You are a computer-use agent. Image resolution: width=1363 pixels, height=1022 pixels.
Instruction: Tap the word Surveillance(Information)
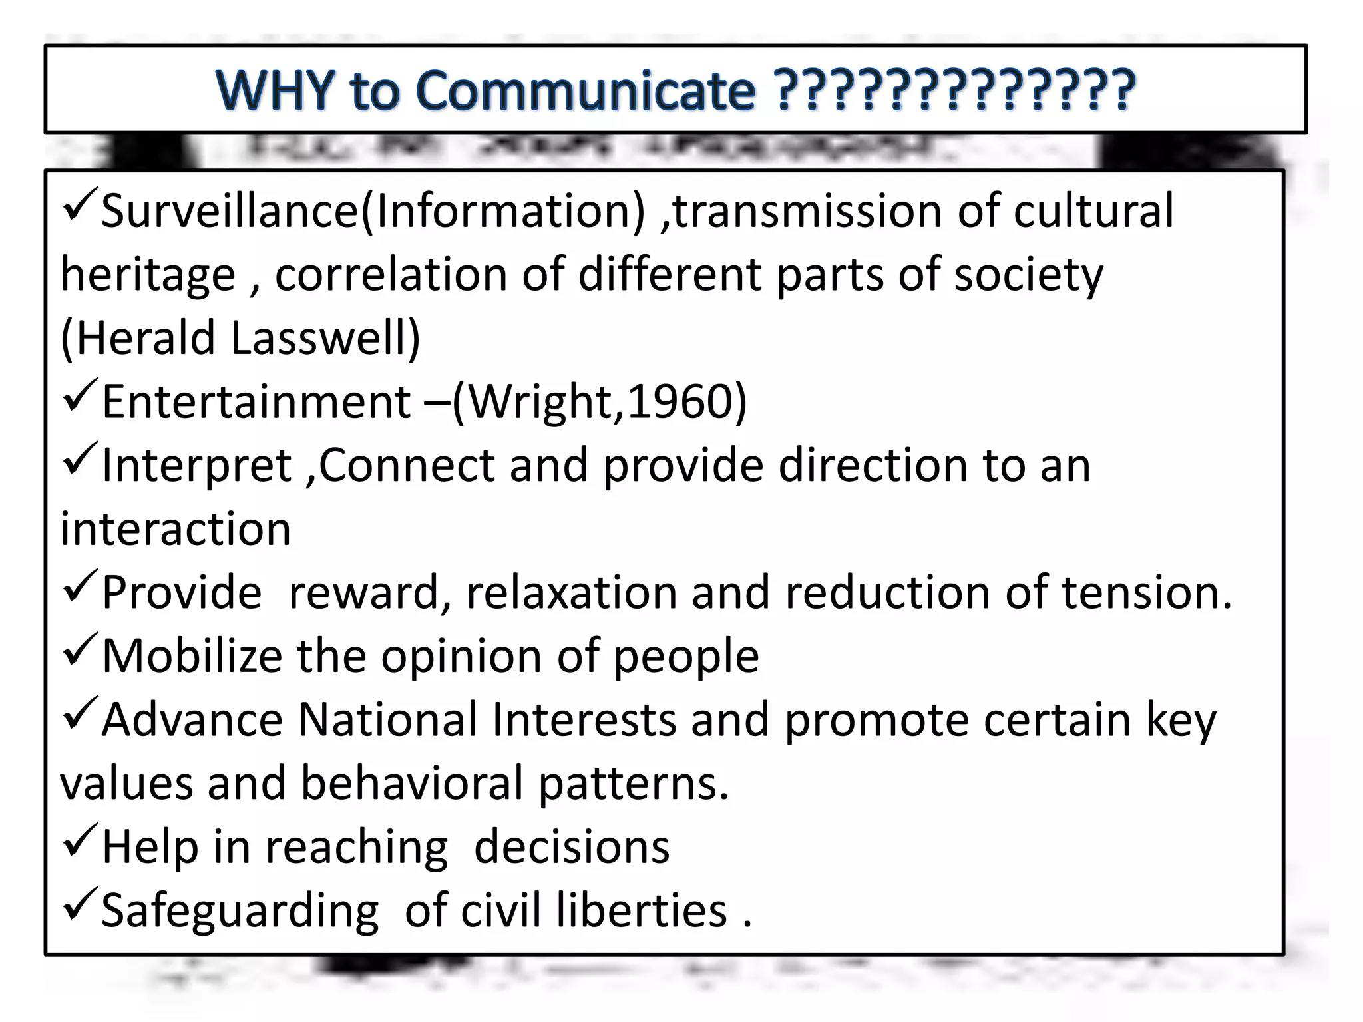tap(373, 211)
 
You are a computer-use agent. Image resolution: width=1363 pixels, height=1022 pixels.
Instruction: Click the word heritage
tap(148, 275)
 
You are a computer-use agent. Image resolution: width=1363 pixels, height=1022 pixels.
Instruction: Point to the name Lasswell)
tap(325, 337)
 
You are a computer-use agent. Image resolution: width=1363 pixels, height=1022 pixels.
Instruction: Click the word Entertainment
tap(256, 401)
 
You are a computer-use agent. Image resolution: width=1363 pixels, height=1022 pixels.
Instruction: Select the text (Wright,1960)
tap(600, 401)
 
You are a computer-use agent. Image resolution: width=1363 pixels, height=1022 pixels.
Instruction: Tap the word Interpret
tap(197, 465)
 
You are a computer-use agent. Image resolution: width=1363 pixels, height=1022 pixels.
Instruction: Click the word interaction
tap(176, 529)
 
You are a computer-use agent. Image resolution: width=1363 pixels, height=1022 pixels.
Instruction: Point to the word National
tap(387, 720)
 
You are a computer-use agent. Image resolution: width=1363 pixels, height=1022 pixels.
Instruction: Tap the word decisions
tap(571, 847)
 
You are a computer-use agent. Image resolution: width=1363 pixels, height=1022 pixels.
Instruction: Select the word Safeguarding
tap(240, 911)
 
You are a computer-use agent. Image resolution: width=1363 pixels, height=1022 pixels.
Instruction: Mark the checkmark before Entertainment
tap(80, 397)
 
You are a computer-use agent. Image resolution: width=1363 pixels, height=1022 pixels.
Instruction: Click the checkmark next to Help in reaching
tap(80, 842)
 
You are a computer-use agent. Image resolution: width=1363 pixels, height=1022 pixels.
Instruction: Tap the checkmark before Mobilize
tap(80, 651)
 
